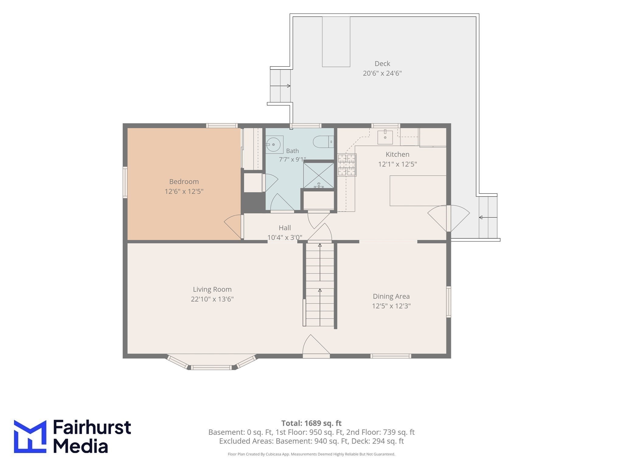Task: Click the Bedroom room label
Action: click(184, 182)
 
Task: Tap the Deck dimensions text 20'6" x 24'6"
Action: click(382, 73)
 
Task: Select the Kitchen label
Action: click(397, 154)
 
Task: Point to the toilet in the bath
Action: click(323, 142)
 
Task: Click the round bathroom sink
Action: click(273, 144)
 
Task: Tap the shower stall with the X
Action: click(318, 175)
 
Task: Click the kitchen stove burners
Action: click(347, 165)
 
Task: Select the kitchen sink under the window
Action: click(385, 137)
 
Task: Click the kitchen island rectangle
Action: click(418, 191)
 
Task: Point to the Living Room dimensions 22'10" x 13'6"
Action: click(212, 299)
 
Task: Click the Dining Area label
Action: click(391, 296)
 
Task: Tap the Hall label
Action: click(285, 228)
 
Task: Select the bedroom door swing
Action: click(233, 227)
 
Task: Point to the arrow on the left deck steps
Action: click(280, 86)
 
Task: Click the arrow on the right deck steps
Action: click(488, 217)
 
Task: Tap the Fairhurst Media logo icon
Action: click(30, 437)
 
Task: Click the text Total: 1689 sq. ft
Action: click(311, 423)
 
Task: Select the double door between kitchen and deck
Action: click(448, 218)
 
